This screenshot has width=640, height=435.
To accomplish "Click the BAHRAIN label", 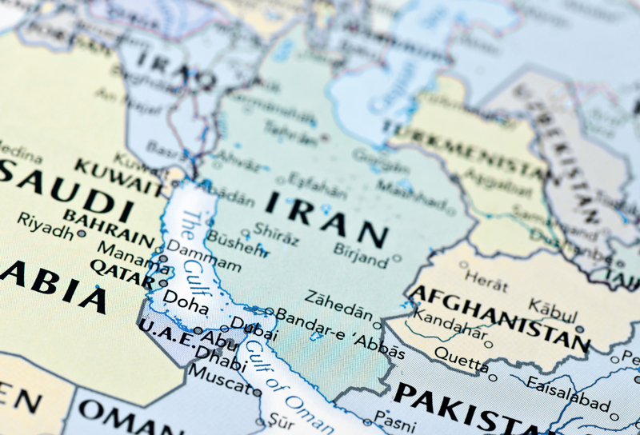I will pos(108,227).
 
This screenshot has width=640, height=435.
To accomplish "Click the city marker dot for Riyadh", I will pos(82,234).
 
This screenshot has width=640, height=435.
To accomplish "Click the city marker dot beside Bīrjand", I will pos(396,259).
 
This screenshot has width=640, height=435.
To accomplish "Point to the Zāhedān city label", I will pos(338,299).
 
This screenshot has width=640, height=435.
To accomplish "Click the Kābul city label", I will pos(551,308).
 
